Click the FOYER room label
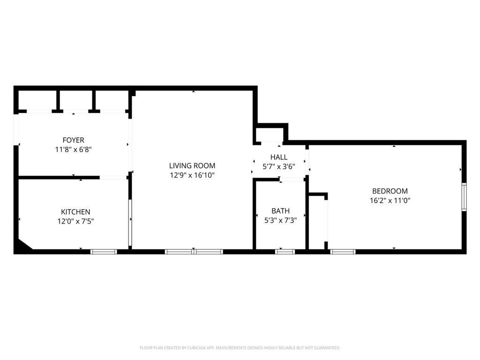pyautogui.click(x=73, y=140)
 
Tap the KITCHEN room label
pyautogui.click(x=75, y=212)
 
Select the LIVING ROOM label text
pyautogui.click(x=192, y=165)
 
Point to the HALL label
pyautogui.click(x=279, y=157)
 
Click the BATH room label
pyautogui.click(x=280, y=211)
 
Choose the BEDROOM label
pyautogui.click(x=390, y=191)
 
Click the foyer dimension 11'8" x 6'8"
pyautogui.click(x=73, y=150)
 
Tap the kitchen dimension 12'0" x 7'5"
pyautogui.click(x=75, y=221)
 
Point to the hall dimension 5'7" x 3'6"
pyautogui.click(x=279, y=166)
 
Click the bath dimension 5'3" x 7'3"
pyautogui.click(x=280, y=220)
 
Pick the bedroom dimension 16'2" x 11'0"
pyautogui.click(x=390, y=200)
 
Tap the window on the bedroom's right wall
pyautogui.click(x=464, y=197)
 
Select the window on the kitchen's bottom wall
pyautogui.click(x=104, y=252)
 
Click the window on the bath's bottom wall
pyautogui.click(x=285, y=252)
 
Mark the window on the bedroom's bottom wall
pyautogui.click(x=343, y=252)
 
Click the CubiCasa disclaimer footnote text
pyautogui.click(x=240, y=348)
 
